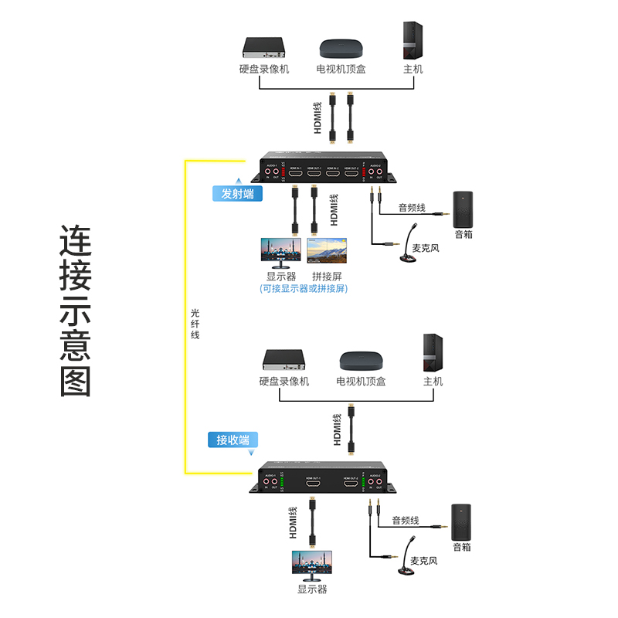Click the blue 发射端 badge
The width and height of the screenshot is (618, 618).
(x=237, y=194)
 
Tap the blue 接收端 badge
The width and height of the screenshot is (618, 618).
(x=233, y=440)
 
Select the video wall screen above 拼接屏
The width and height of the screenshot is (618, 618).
(x=328, y=252)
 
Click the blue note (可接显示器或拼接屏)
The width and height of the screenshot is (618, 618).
(x=304, y=289)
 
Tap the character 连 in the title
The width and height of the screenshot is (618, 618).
(x=76, y=241)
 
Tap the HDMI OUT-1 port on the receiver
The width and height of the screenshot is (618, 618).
(x=313, y=484)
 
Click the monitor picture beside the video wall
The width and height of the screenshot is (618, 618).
(x=280, y=252)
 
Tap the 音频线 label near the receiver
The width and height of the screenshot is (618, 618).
(x=405, y=520)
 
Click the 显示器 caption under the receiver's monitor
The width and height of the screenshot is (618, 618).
(x=312, y=589)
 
